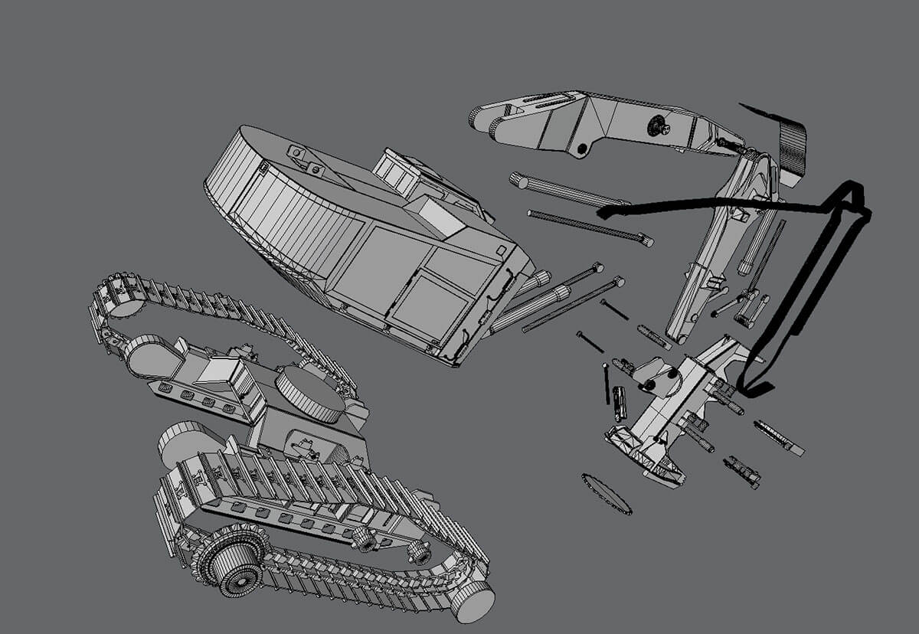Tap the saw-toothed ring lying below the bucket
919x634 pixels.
click(x=606, y=494)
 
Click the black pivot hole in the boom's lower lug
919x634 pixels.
click(x=582, y=147)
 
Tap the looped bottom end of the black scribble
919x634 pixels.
click(x=754, y=386)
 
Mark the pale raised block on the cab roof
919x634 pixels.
click(x=440, y=214)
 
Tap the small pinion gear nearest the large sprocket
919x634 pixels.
click(x=365, y=538)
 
